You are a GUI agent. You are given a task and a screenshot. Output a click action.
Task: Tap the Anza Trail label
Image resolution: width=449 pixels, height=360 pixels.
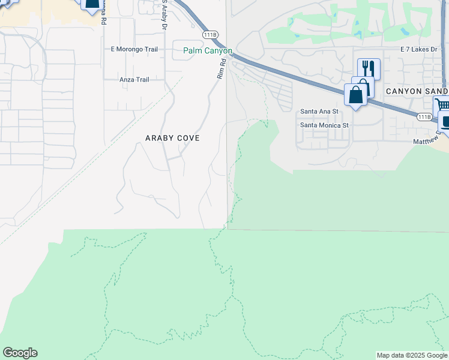click(134, 79)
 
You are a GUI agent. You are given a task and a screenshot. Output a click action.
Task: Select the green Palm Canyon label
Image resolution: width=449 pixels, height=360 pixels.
click(207, 51)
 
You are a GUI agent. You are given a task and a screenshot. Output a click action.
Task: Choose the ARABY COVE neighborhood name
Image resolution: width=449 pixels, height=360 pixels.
click(172, 138)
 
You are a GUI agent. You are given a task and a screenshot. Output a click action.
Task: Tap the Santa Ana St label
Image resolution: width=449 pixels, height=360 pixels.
click(319, 112)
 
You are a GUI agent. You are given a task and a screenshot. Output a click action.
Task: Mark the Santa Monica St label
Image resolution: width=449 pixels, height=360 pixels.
click(324, 125)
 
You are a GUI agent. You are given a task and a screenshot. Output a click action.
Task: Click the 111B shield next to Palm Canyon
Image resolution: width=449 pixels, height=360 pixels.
click(209, 35)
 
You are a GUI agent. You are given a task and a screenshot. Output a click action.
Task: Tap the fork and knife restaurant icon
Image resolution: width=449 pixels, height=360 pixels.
click(369, 69)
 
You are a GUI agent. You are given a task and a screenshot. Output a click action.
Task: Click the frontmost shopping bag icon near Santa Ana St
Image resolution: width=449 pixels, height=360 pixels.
click(355, 95)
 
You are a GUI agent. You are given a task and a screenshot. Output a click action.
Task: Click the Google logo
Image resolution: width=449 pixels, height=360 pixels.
click(20, 353)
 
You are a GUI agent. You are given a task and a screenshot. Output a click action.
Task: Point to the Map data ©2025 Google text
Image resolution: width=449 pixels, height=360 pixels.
click(412, 355)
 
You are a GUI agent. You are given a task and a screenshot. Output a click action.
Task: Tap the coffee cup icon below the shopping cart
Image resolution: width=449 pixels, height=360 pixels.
click(445, 122)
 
